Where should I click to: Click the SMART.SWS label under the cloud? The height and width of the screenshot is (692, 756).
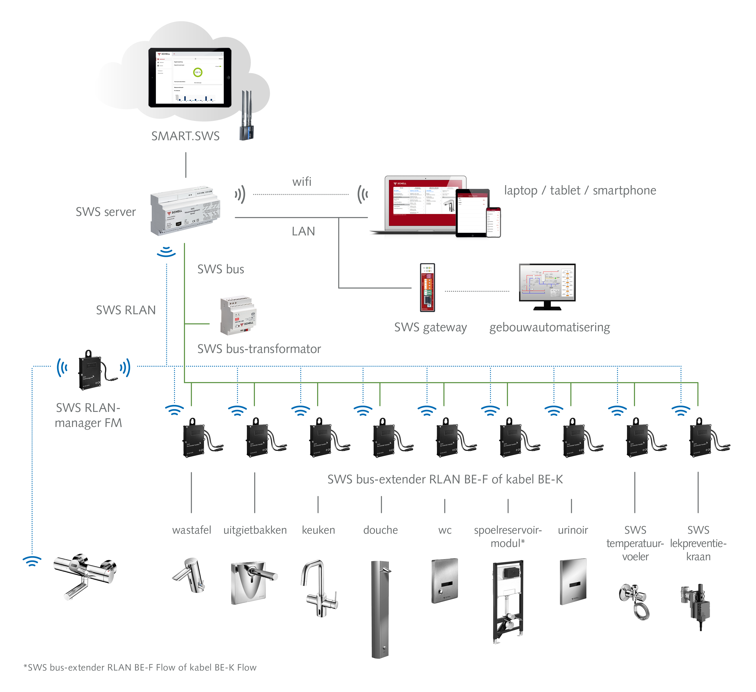coord(185,136)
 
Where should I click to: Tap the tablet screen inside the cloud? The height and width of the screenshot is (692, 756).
coord(190,78)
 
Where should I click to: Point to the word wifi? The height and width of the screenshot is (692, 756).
coord(302,182)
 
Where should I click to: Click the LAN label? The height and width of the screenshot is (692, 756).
coord(303,231)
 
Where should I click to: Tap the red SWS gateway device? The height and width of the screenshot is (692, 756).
coord(427,287)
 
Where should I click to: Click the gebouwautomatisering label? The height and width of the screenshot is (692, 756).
coord(549,327)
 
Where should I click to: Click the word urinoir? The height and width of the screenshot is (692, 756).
coord(573,530)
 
